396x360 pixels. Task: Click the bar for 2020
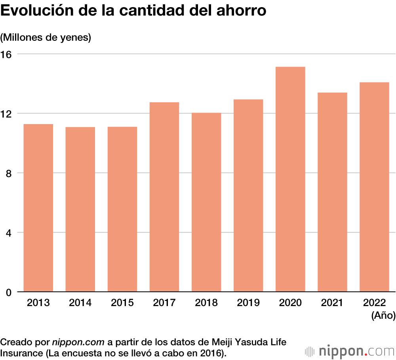(x=290, y=179)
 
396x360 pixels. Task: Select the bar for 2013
(x=38, y=208)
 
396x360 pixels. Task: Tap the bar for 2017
(x=164, y=197)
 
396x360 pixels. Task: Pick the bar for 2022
(x=374, y=187)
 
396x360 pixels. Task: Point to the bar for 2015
(x=122, y=209)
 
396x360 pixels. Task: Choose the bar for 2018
(x=206, y=202)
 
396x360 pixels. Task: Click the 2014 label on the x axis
(x=80, y=303)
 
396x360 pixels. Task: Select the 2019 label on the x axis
(x=248, y=303)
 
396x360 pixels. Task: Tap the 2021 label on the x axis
(x=332, y=303)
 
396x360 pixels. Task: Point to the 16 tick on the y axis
(x=7, y=54)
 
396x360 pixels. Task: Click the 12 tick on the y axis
(x=7, y=113)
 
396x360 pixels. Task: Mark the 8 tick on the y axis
(x=10, y=173)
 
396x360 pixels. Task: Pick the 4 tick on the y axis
(x=10, y=232)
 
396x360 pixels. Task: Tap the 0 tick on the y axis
(x=10, y=292)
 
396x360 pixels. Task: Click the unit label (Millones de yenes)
(x=46, y=38)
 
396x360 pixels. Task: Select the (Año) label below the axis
(x=383, y=316)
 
